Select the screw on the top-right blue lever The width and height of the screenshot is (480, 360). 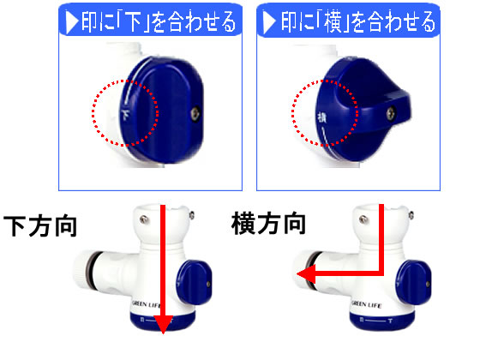393,111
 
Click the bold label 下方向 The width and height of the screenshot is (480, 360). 41,228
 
